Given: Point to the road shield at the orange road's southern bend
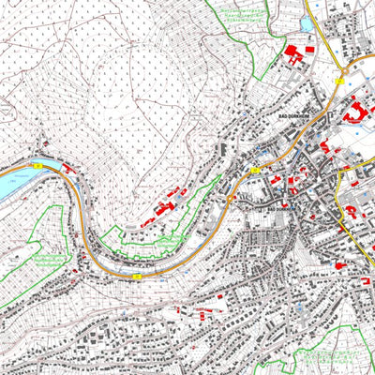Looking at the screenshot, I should click(138, 277).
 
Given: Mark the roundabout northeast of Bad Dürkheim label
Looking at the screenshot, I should click(344, 70).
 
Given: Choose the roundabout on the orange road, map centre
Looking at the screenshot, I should click(228, 198).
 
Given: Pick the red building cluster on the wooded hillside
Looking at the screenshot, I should click(166, 203).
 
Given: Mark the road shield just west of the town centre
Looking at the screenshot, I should click(254, 171).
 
